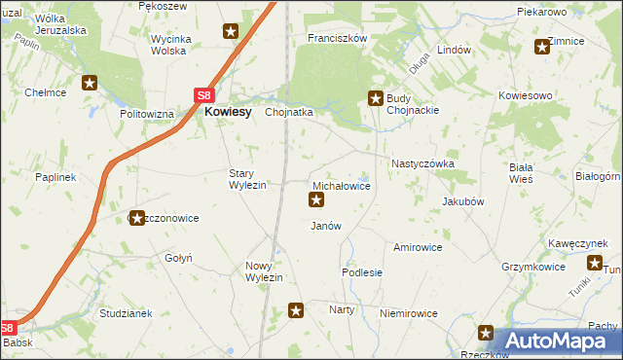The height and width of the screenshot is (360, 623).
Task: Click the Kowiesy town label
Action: pyautogui.click(x=229, y=112)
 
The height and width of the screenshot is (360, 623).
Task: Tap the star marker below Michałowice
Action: pyautogui.click(x=316, y=200)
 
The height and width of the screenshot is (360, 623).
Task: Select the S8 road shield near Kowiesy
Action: pyautogui.click(x=203, y=95)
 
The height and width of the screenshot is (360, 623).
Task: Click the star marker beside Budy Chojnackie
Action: pyautogui.click(x=375, y=96)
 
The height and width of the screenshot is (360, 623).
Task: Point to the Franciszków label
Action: pyautogui.click(x=336, y=38)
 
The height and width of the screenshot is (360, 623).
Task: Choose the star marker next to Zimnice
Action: pyautogui.click(x=542, y=46)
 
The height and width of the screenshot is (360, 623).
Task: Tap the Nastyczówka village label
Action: pyautogui.click(x=422, y=164)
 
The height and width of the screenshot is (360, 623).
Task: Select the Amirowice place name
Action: pyautogui.click(x=418, y=247)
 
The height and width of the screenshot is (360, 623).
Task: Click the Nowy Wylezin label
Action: pyautogui.click(x=264, y=271)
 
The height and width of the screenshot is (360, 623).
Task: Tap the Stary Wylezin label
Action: pyautogui.click(x=247, y=179)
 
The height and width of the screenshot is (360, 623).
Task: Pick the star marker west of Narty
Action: pyautogui.click(x=297, y=310)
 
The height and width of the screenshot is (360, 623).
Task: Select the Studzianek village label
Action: pyautogui.click(x=126, y=313)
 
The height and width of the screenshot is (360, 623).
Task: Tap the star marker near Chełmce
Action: pyautogui.click(x=90, y=84)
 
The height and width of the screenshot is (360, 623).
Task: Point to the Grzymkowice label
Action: pyautogui.click(x=534, y=265)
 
